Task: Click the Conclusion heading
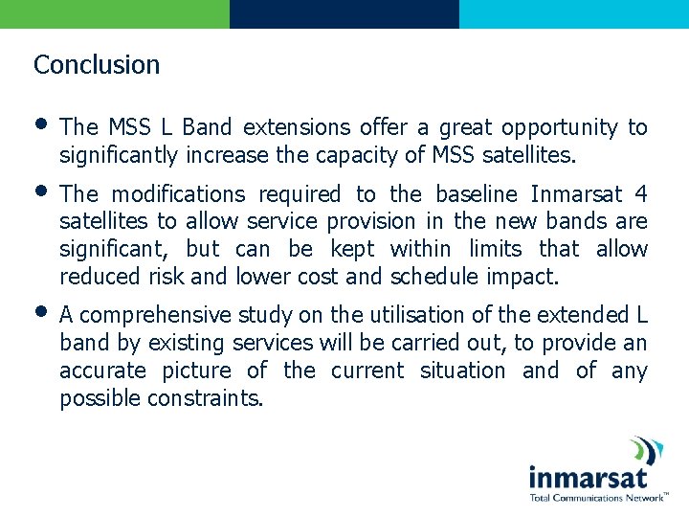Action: click(x=97, y=65)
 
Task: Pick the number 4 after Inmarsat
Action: click(x=641, y=194)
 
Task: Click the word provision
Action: click(x=368, y=221)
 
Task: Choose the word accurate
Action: click(x=102, y=371)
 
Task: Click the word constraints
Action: click(x=205, y=398)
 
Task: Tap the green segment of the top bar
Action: click(x=115, y=13)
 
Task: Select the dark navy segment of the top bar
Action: click(x=344, y=13)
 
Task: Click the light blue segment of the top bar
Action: click(x=574, y=13)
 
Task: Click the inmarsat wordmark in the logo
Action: click(x=588, y=477)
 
